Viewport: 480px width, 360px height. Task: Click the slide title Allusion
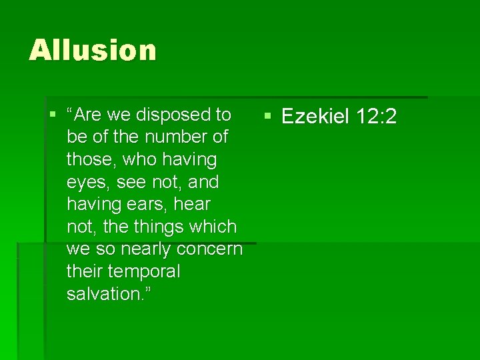pos(93,50)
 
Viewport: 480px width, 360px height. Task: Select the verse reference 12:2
pos(377,117)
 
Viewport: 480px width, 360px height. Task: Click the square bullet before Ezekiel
pos(267,116)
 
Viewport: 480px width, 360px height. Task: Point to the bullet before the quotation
pos(53,114)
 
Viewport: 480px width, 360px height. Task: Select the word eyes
pos(85,183)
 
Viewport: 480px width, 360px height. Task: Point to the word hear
pos(192,205)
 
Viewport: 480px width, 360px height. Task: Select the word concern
pos(209,249)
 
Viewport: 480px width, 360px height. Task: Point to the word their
pos(85,272)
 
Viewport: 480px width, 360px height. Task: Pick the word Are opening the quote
pos(90,115)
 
